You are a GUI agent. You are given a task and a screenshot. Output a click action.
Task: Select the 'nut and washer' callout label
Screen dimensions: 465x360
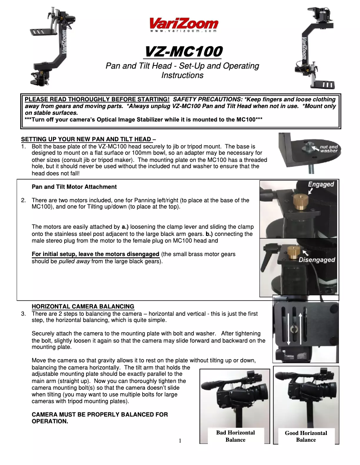click(x=329, y=148)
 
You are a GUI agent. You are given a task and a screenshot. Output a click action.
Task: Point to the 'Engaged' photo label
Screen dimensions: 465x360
click(x=320, y=184)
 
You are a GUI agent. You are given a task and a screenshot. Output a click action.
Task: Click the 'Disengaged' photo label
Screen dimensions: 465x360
click(x=316, y=260)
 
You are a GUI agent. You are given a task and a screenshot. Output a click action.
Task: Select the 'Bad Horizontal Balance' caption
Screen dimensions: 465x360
click(x=235, y=436)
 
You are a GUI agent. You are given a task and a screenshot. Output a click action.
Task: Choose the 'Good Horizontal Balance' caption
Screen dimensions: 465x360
click(x=306, y=436)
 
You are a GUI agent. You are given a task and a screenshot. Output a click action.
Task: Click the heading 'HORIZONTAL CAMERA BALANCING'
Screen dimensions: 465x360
click(x=83, y=306)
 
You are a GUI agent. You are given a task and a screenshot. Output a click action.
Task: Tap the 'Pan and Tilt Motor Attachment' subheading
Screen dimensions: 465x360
click(x=74, y=187)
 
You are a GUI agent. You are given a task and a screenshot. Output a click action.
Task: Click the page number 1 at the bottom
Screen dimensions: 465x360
click(x=180, y=440)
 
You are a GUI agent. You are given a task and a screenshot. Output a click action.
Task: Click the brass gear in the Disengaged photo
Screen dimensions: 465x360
click(x=294, y=252)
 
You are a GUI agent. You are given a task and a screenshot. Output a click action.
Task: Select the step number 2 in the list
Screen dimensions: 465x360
click(x=23, y=200)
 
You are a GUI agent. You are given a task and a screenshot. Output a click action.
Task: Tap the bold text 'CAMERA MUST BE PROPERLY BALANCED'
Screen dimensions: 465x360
click(x=100, y=414)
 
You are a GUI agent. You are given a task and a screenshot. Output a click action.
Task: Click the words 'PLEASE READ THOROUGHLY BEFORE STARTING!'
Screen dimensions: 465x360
click(x=97, y=99)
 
